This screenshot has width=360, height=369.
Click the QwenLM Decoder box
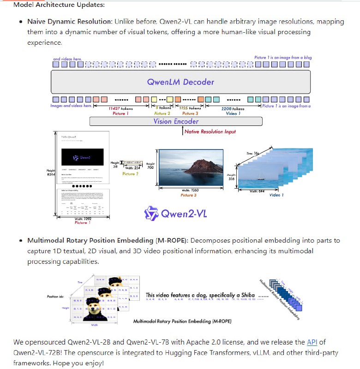pyautogui.click(x=180, y=83)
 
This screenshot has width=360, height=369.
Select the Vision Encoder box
pyautogui.click(x=176, y=121)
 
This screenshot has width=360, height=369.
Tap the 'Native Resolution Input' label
pyautogui.click(x=210, y=131)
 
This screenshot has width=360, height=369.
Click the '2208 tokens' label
pyautogui.click(x=233, y=108)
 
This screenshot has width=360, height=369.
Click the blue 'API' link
pyautogui.click(x=312, y=342)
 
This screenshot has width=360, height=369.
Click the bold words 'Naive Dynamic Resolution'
pyautogui.click(x=69, y=22)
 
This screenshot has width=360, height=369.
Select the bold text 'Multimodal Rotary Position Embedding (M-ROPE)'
pyautogui.click(x=108, y=241)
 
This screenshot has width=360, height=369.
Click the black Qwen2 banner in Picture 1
pyautogui.click(x=83, y=157)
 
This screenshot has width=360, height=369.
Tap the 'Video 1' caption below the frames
pyautogui.click(x=276, y=195)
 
